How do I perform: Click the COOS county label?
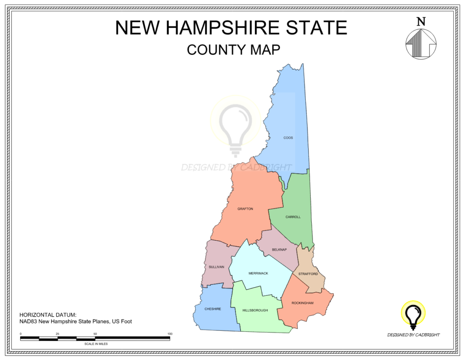pos(288,137)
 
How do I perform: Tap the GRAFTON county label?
pos(245,209)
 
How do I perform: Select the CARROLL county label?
pos(293,217)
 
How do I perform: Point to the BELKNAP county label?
pos(279,250)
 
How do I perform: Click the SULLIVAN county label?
pos(217,267)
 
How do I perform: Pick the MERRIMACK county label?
pos(258,273)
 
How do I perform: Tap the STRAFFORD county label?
pos(308,274)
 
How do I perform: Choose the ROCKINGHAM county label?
pos(303,303)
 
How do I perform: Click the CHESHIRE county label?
pos(213,309)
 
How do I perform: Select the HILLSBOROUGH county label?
pos(255,310)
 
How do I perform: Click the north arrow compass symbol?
pos(420,44)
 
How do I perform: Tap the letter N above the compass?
pos(421,21)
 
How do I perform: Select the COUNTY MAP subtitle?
pos(233,49)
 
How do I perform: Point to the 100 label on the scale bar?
pos(170,334)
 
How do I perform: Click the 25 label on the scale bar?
pos(57,334)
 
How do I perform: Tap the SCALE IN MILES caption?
pos(96,344)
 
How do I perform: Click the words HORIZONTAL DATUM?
pos(48,315)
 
